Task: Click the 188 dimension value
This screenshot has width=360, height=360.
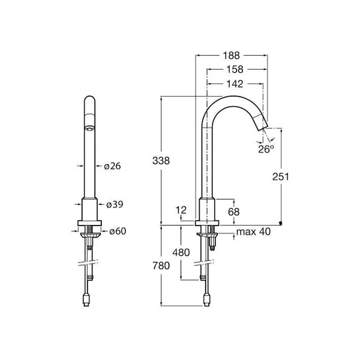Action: click(x=232, y=55)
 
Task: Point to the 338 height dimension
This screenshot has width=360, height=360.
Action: click(x=160, y=161)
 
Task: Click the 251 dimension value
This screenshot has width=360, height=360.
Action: click(x=280, y=176)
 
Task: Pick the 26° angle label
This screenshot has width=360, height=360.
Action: click(x=266, y=149)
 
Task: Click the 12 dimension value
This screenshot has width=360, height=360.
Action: click(x=181, y=210)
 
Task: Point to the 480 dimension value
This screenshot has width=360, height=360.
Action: click(x=181, y=252)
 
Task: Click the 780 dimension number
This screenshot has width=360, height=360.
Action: click(x=160, y=265)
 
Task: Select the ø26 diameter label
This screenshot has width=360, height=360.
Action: click(x=112, y=166)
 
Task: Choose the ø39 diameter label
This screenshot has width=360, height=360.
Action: click(x=114, y=204)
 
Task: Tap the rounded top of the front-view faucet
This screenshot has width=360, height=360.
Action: click(x=90, y=99)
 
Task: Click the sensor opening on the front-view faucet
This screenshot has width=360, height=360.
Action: click(x=90, y=128)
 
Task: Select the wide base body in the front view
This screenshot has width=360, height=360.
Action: click(x=90, y=209)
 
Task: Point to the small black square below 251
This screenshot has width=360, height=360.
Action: click(x=281, y=223)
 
